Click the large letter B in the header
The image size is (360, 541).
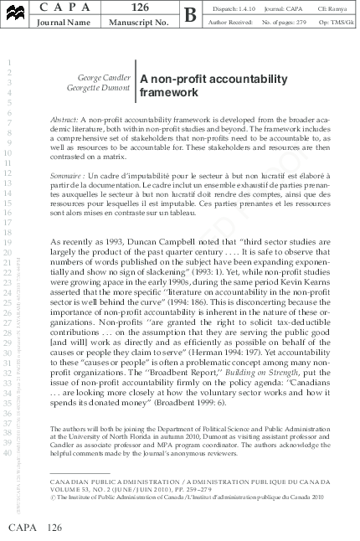tap(190, 15)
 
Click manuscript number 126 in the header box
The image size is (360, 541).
tap(140, 8)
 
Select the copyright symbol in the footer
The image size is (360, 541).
tap(53, 496)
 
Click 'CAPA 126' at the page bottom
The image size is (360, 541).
tap(34, 528)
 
